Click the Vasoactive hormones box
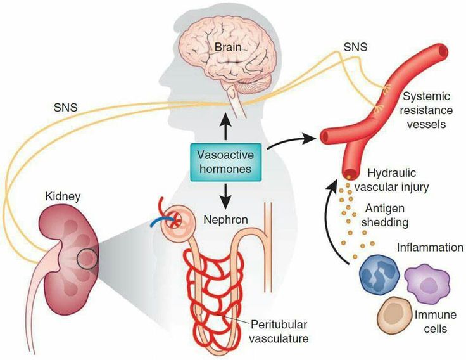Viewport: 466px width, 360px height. point(227,161)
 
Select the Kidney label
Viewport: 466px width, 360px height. point(62,197)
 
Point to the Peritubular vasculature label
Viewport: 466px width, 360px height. point(279,331)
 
